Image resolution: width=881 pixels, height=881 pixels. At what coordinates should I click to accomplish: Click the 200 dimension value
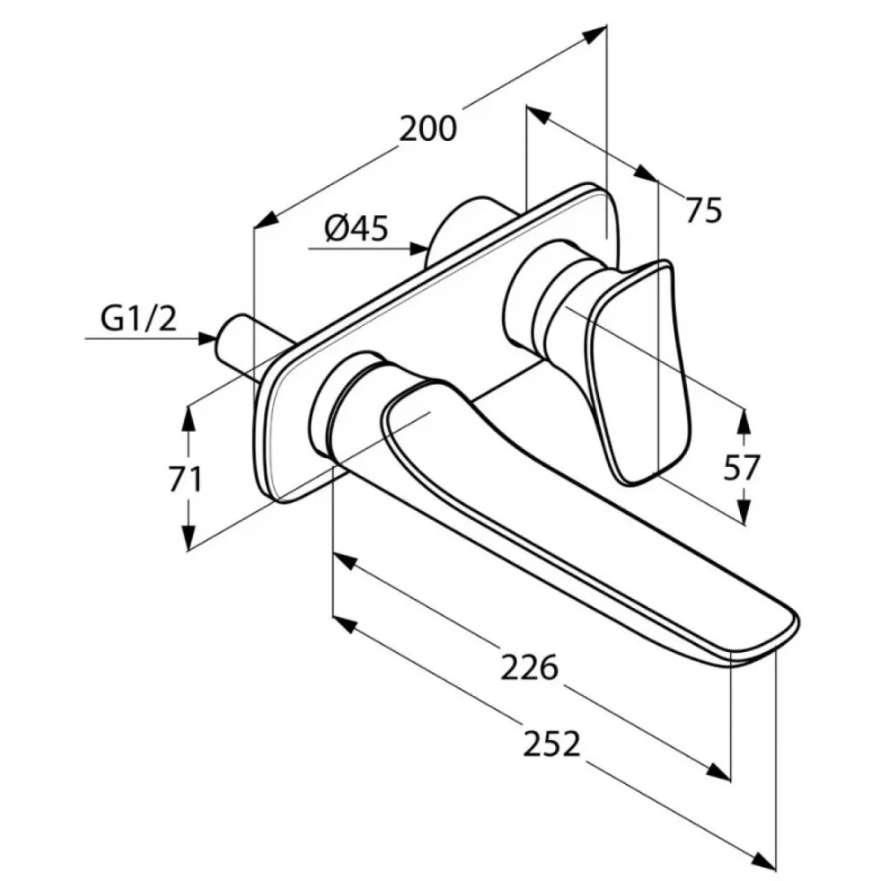coord(428,130)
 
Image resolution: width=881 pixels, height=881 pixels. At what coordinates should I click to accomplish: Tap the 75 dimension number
coord(703,211)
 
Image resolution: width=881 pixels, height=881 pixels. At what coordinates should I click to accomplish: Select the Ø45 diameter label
coord(356,229)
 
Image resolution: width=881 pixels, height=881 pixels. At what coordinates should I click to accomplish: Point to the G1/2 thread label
coord(139,319)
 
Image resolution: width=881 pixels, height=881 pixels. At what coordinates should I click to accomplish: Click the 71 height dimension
coord(185,480)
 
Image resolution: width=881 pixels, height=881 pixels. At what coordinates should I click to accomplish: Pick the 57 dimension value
coord(741,468)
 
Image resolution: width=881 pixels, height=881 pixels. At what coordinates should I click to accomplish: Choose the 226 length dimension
coord(529,668)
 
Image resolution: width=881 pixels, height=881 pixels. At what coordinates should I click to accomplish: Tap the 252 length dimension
coord(552,744)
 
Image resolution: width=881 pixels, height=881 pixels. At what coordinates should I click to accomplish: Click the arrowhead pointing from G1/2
coord(207,338)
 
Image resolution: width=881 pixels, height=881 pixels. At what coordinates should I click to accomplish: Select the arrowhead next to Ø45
coord(418,248)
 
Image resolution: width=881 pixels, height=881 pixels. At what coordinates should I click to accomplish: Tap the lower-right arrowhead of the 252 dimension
coord(764,863)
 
